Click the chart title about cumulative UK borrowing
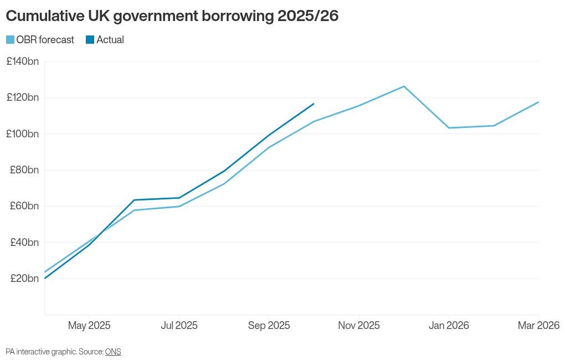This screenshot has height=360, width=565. (x=172, y=17)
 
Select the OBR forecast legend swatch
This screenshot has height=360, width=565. (x=11, y=40)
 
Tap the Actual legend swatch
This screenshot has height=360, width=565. (x=90, y=40)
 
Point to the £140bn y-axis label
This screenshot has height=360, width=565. (x=23, y=61)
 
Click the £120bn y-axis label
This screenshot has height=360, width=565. (x=23, y=97)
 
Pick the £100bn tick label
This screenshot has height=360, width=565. (x=23, y=134)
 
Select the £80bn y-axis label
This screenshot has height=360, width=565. (x=24, y=170)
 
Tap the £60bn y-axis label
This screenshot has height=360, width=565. (x=24, y=206)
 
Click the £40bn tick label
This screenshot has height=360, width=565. (x=24, y=243)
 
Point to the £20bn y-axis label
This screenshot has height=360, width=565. (x=24, y=279)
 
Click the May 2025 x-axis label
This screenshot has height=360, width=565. (x=89, y=326)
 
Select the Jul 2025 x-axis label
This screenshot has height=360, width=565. (x=179, y=326)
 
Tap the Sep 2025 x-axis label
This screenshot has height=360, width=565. (x=269, y=326)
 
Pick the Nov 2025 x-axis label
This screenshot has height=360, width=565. (x=359, y=326)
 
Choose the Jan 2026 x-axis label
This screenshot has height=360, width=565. (x=449, y=326)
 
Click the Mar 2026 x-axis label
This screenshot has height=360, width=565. (x=538, y=326)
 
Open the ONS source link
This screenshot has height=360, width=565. (x=113, y=352)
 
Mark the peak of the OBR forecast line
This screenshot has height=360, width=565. (x=404, y=86)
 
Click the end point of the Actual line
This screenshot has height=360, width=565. (x=314, y=104)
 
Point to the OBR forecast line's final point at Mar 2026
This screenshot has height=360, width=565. (x=538, y=102)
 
